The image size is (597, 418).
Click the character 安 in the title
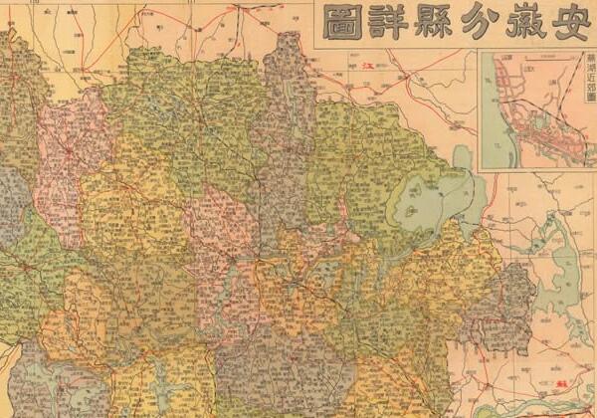click(566, 22)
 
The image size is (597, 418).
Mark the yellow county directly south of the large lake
click(438, 269)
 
